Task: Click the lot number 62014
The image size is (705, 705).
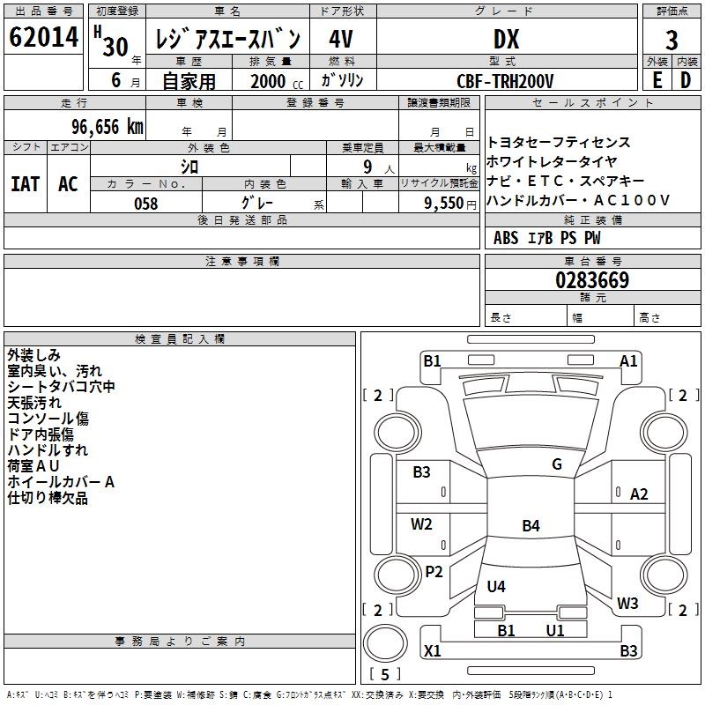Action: (44, 38)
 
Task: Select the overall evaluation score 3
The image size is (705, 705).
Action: (672, 40)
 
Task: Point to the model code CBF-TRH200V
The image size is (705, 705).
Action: (506, 81)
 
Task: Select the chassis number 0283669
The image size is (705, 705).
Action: (592, 280)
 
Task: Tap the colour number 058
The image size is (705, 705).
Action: (145, 203)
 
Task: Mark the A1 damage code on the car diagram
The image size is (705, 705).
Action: (628, 360)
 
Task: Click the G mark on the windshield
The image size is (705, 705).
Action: (556, 464)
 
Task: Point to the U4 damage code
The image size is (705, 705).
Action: (496, 586)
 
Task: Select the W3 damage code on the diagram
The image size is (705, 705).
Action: (627, 604)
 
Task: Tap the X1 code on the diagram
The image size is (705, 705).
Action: (432, 651)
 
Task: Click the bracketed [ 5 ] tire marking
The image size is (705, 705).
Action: (384, 675)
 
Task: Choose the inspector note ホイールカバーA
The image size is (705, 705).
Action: (61, 482)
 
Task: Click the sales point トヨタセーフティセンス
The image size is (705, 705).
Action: (559, 142)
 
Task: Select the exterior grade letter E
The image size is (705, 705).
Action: (657, 80)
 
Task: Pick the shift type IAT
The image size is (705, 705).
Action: (25, 183)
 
